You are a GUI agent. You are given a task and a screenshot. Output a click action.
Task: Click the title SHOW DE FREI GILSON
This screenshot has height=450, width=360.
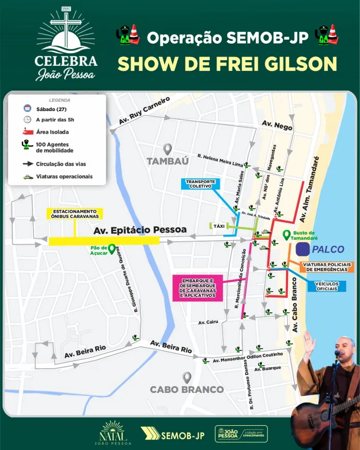(227, 63)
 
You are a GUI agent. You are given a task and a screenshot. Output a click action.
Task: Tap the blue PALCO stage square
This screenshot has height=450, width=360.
(302, 249)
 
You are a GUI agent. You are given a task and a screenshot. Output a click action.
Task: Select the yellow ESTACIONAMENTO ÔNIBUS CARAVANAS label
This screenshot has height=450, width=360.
(75, 213)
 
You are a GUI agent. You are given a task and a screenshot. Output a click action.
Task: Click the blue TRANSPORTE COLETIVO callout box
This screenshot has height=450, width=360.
(200, 184)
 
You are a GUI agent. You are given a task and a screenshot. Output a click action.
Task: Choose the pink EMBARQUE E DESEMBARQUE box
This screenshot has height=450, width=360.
(197, 288)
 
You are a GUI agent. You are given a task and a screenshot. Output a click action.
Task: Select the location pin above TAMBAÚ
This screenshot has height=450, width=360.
(167, 149)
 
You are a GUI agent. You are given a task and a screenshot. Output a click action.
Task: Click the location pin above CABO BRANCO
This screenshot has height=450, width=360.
(187, 377)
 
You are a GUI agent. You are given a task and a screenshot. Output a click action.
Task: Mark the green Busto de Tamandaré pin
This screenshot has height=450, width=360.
(286, 236)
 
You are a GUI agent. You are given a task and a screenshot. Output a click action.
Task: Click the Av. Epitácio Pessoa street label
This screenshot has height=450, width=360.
(140, 230)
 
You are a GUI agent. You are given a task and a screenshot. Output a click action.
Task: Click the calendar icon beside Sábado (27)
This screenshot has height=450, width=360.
(28, 109)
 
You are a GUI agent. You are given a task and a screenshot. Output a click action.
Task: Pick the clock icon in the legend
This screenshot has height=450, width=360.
(28, 120)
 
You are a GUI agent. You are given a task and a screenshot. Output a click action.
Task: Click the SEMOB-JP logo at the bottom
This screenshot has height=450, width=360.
(173, 435)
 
